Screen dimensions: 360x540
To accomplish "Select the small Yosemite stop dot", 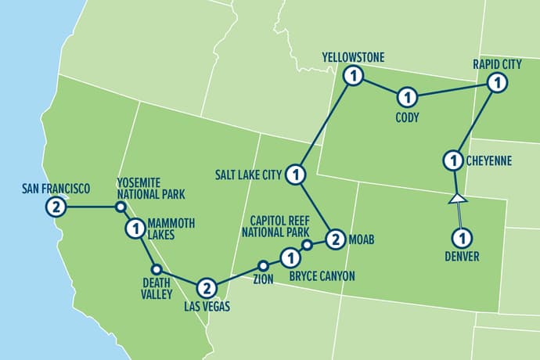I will coord(121,207).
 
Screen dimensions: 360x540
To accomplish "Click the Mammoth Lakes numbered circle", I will coord(134,229).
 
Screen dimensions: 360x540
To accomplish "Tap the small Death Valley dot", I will coord(156,269).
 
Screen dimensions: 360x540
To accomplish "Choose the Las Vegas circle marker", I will coord(205,287).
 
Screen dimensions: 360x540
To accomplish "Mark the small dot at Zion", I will coord(263,264).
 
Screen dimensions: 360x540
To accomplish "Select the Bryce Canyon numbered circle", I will coord(290,256).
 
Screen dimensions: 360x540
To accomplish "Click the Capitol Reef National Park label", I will coord(282,225).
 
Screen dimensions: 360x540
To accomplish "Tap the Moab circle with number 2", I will coord(335,239).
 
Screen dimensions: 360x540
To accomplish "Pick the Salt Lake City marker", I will coord(295,173).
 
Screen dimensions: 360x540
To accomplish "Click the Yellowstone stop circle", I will coord(355,76).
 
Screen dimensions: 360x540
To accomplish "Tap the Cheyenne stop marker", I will coord(452,161).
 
